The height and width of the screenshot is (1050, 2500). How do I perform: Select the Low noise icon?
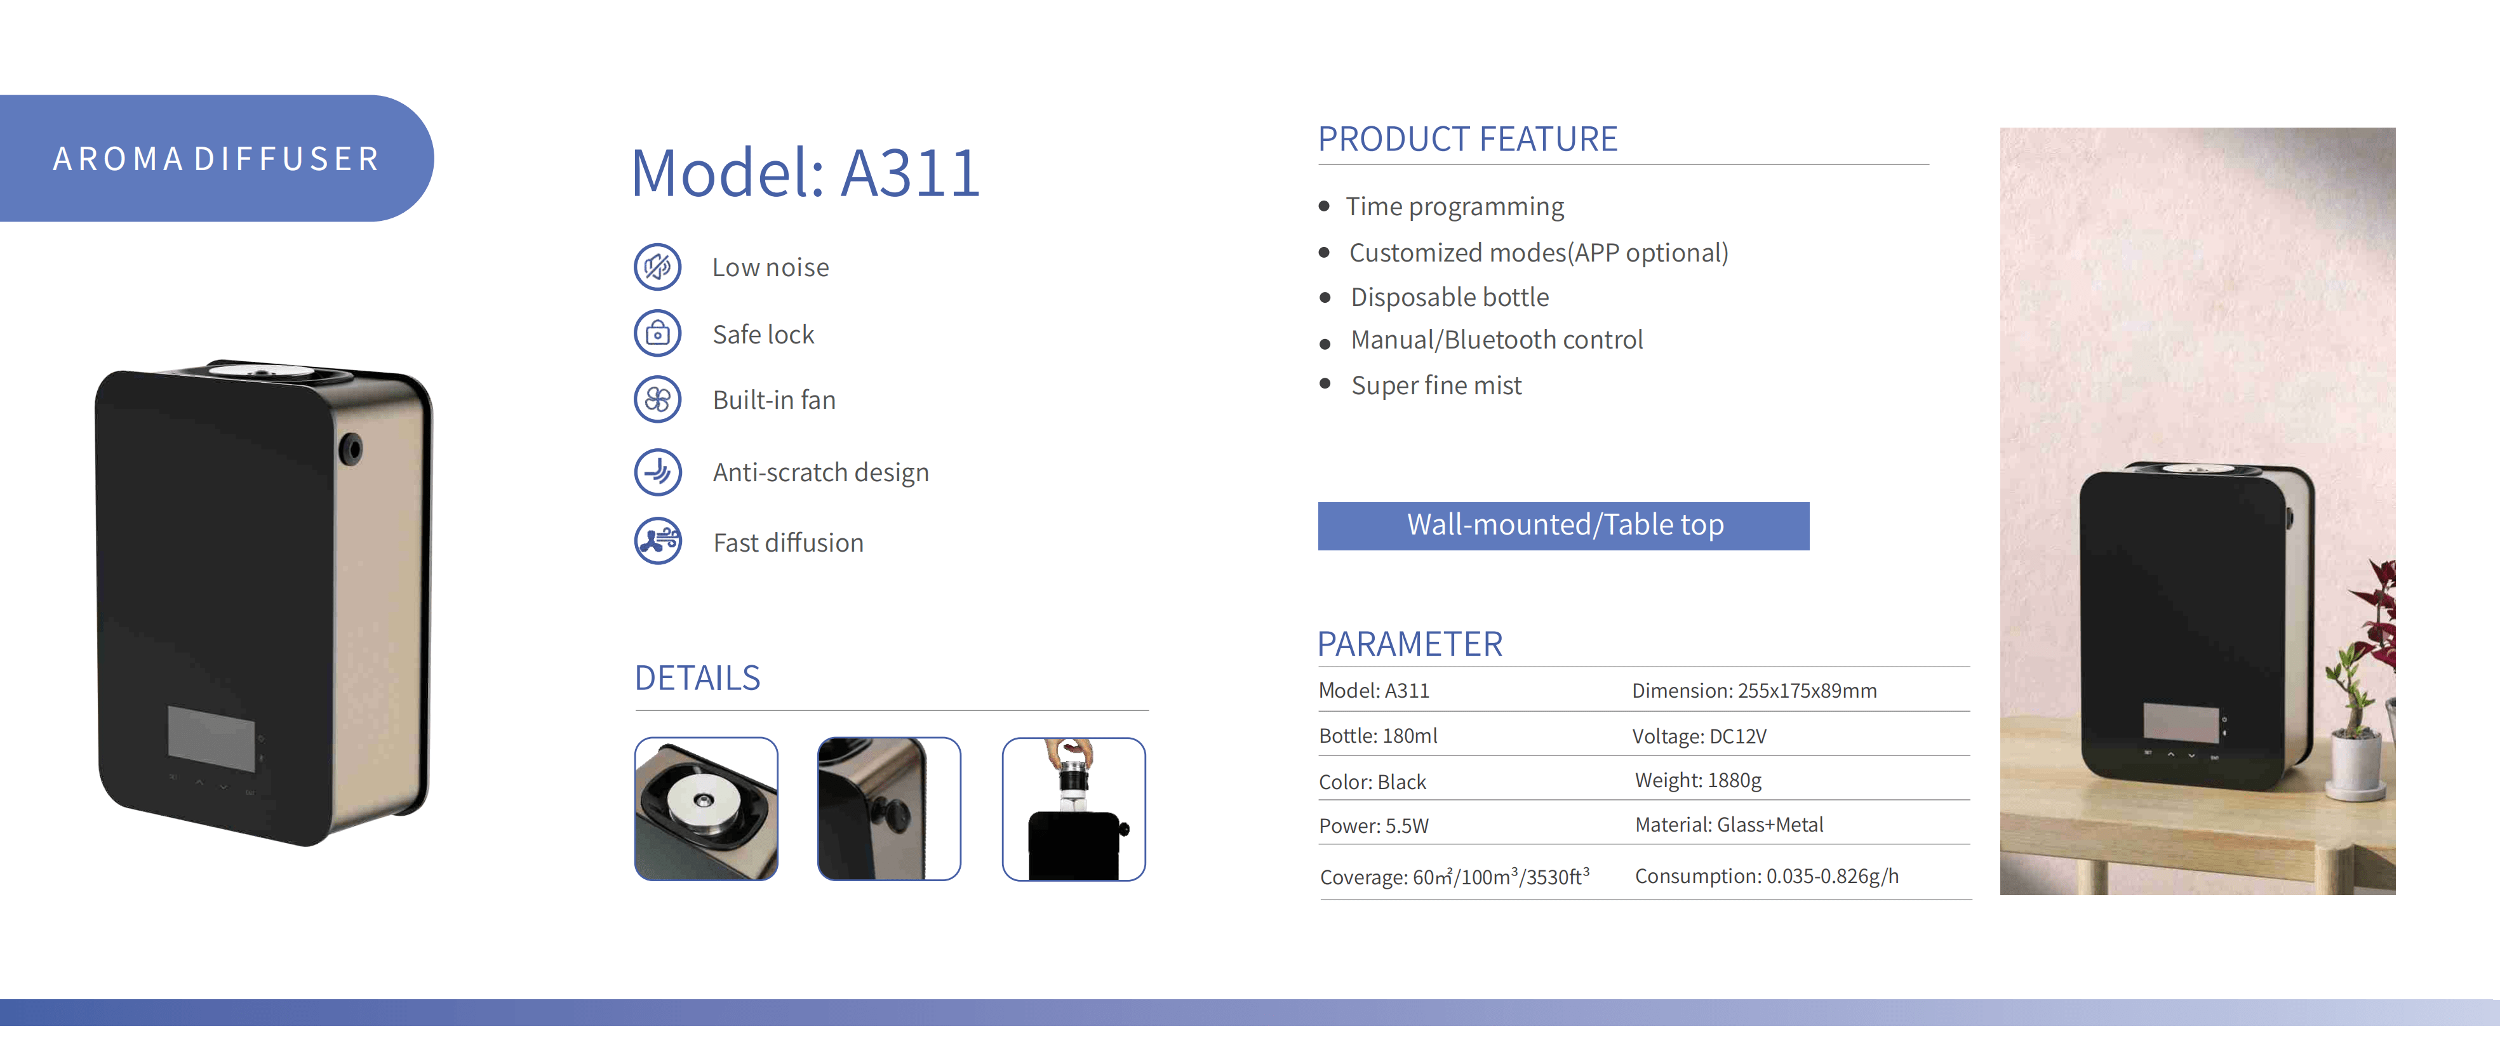pos(658,267)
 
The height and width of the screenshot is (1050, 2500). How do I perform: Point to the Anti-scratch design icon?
pos(658,472)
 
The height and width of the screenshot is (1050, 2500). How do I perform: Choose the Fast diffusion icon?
pos(658,542)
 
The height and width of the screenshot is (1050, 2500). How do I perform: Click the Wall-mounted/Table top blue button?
pos(1563,525)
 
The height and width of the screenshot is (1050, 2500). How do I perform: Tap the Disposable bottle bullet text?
pos(1449,297)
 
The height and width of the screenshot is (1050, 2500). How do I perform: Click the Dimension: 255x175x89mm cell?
pos(1754,691)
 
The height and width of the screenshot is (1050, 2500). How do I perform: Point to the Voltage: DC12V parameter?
pos(1699,736)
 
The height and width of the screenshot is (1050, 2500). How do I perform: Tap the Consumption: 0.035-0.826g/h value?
pos(1767,876)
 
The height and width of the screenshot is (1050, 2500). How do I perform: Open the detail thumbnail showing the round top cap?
pos(705,808)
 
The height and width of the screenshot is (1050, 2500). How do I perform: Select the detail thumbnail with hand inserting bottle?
pos(1073,808)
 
